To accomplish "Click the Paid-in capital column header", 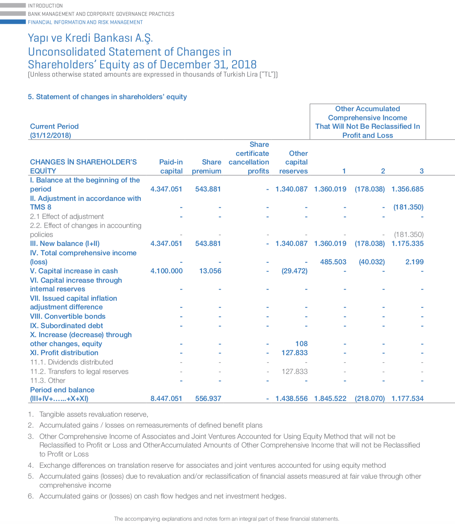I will point(171,166).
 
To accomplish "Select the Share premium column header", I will point(207,166).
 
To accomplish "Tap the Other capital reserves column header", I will point(294,162).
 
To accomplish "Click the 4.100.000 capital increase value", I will point(166,271).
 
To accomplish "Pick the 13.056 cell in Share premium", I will point(210,271).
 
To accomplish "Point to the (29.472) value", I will point(294,271).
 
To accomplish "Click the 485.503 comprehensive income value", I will point(333,262).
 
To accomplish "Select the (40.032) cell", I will point(371,262).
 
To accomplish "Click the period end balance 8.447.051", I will point(166,399).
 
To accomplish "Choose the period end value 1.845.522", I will point(330,399).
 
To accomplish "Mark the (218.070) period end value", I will point(369,399).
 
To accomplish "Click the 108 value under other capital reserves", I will point(301,344).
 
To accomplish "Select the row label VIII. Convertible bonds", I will point(68,316).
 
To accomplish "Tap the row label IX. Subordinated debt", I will point(66,326).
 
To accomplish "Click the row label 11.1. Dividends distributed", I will point(71,362).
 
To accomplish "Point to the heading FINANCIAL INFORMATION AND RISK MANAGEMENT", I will point(85,22).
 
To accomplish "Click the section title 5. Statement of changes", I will point(107,97).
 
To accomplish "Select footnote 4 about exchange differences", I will point(212,465).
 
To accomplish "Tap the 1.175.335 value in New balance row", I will point(407,244).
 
